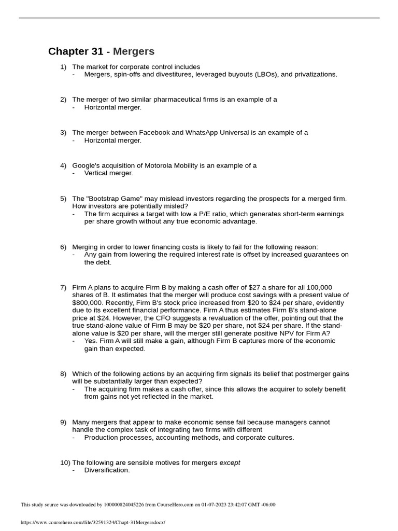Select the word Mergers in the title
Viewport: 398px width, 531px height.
134,51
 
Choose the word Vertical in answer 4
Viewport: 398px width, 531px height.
96,173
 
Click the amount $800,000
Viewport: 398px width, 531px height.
89,302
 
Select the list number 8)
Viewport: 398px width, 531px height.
63,374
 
